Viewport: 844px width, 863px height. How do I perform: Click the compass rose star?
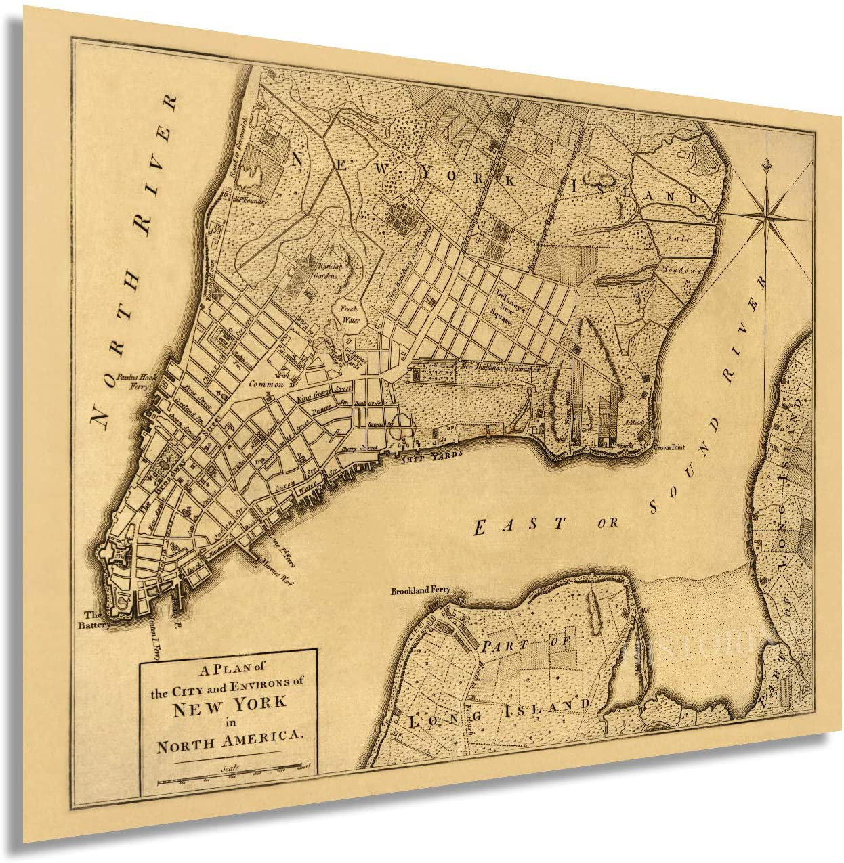pyautogui.click(x=768, y=215)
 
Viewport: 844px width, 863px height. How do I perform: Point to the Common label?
pyautogui.click(x=266, y=384)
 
